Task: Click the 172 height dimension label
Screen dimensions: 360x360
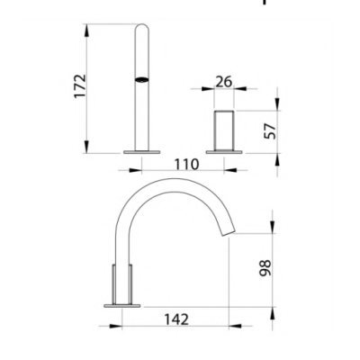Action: coord(80,86)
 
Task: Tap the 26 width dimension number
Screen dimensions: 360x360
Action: coord(224,82)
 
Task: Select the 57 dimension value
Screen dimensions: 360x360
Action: coord(271,131)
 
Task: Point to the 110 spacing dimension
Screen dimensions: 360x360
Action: coord(186,164)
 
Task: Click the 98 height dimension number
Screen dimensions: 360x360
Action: coord(265,268)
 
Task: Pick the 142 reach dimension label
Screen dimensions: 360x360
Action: coord(176,319)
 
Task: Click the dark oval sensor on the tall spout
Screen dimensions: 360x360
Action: coord(142,79)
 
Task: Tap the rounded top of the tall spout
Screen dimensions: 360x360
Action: coord(142,27)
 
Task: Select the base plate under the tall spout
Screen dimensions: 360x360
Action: coord(142,152)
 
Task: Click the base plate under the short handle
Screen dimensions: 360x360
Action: coord(224,152)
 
